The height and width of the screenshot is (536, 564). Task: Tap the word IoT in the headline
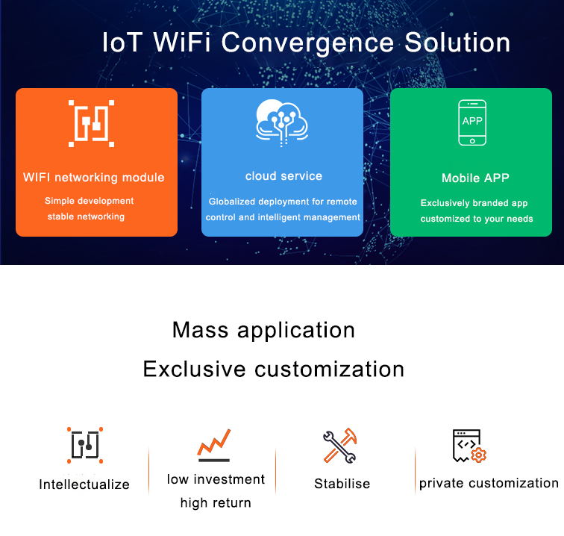pos(122,43)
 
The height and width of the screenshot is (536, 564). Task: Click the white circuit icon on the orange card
pos(91,123)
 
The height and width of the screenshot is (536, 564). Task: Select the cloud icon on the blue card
pos(282,122)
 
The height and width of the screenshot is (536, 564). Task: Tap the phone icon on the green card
pos(472,122)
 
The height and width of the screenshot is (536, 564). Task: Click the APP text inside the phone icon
pos(472,121)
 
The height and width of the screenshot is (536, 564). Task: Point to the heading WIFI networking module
pos(93,178)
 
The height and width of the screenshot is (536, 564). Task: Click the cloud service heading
pos(283,176)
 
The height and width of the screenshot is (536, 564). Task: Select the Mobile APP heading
pos(475,178)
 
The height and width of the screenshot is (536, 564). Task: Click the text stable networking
pos(86,216)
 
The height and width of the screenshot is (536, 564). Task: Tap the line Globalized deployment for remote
pos(283,202)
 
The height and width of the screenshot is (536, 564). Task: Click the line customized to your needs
pos(477,219)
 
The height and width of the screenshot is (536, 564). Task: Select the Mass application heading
pos(263,330)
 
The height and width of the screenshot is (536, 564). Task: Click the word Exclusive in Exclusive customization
pos(195,369)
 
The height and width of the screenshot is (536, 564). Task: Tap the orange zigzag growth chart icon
pos(213,445)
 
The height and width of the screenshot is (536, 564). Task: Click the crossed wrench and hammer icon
pos(340,445)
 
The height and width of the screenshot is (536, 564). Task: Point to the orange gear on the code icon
pos(478,455)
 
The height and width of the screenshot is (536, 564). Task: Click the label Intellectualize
pos(84,484)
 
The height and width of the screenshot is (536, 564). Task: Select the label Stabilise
pos(342,484)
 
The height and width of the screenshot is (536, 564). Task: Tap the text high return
pos(216,503)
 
